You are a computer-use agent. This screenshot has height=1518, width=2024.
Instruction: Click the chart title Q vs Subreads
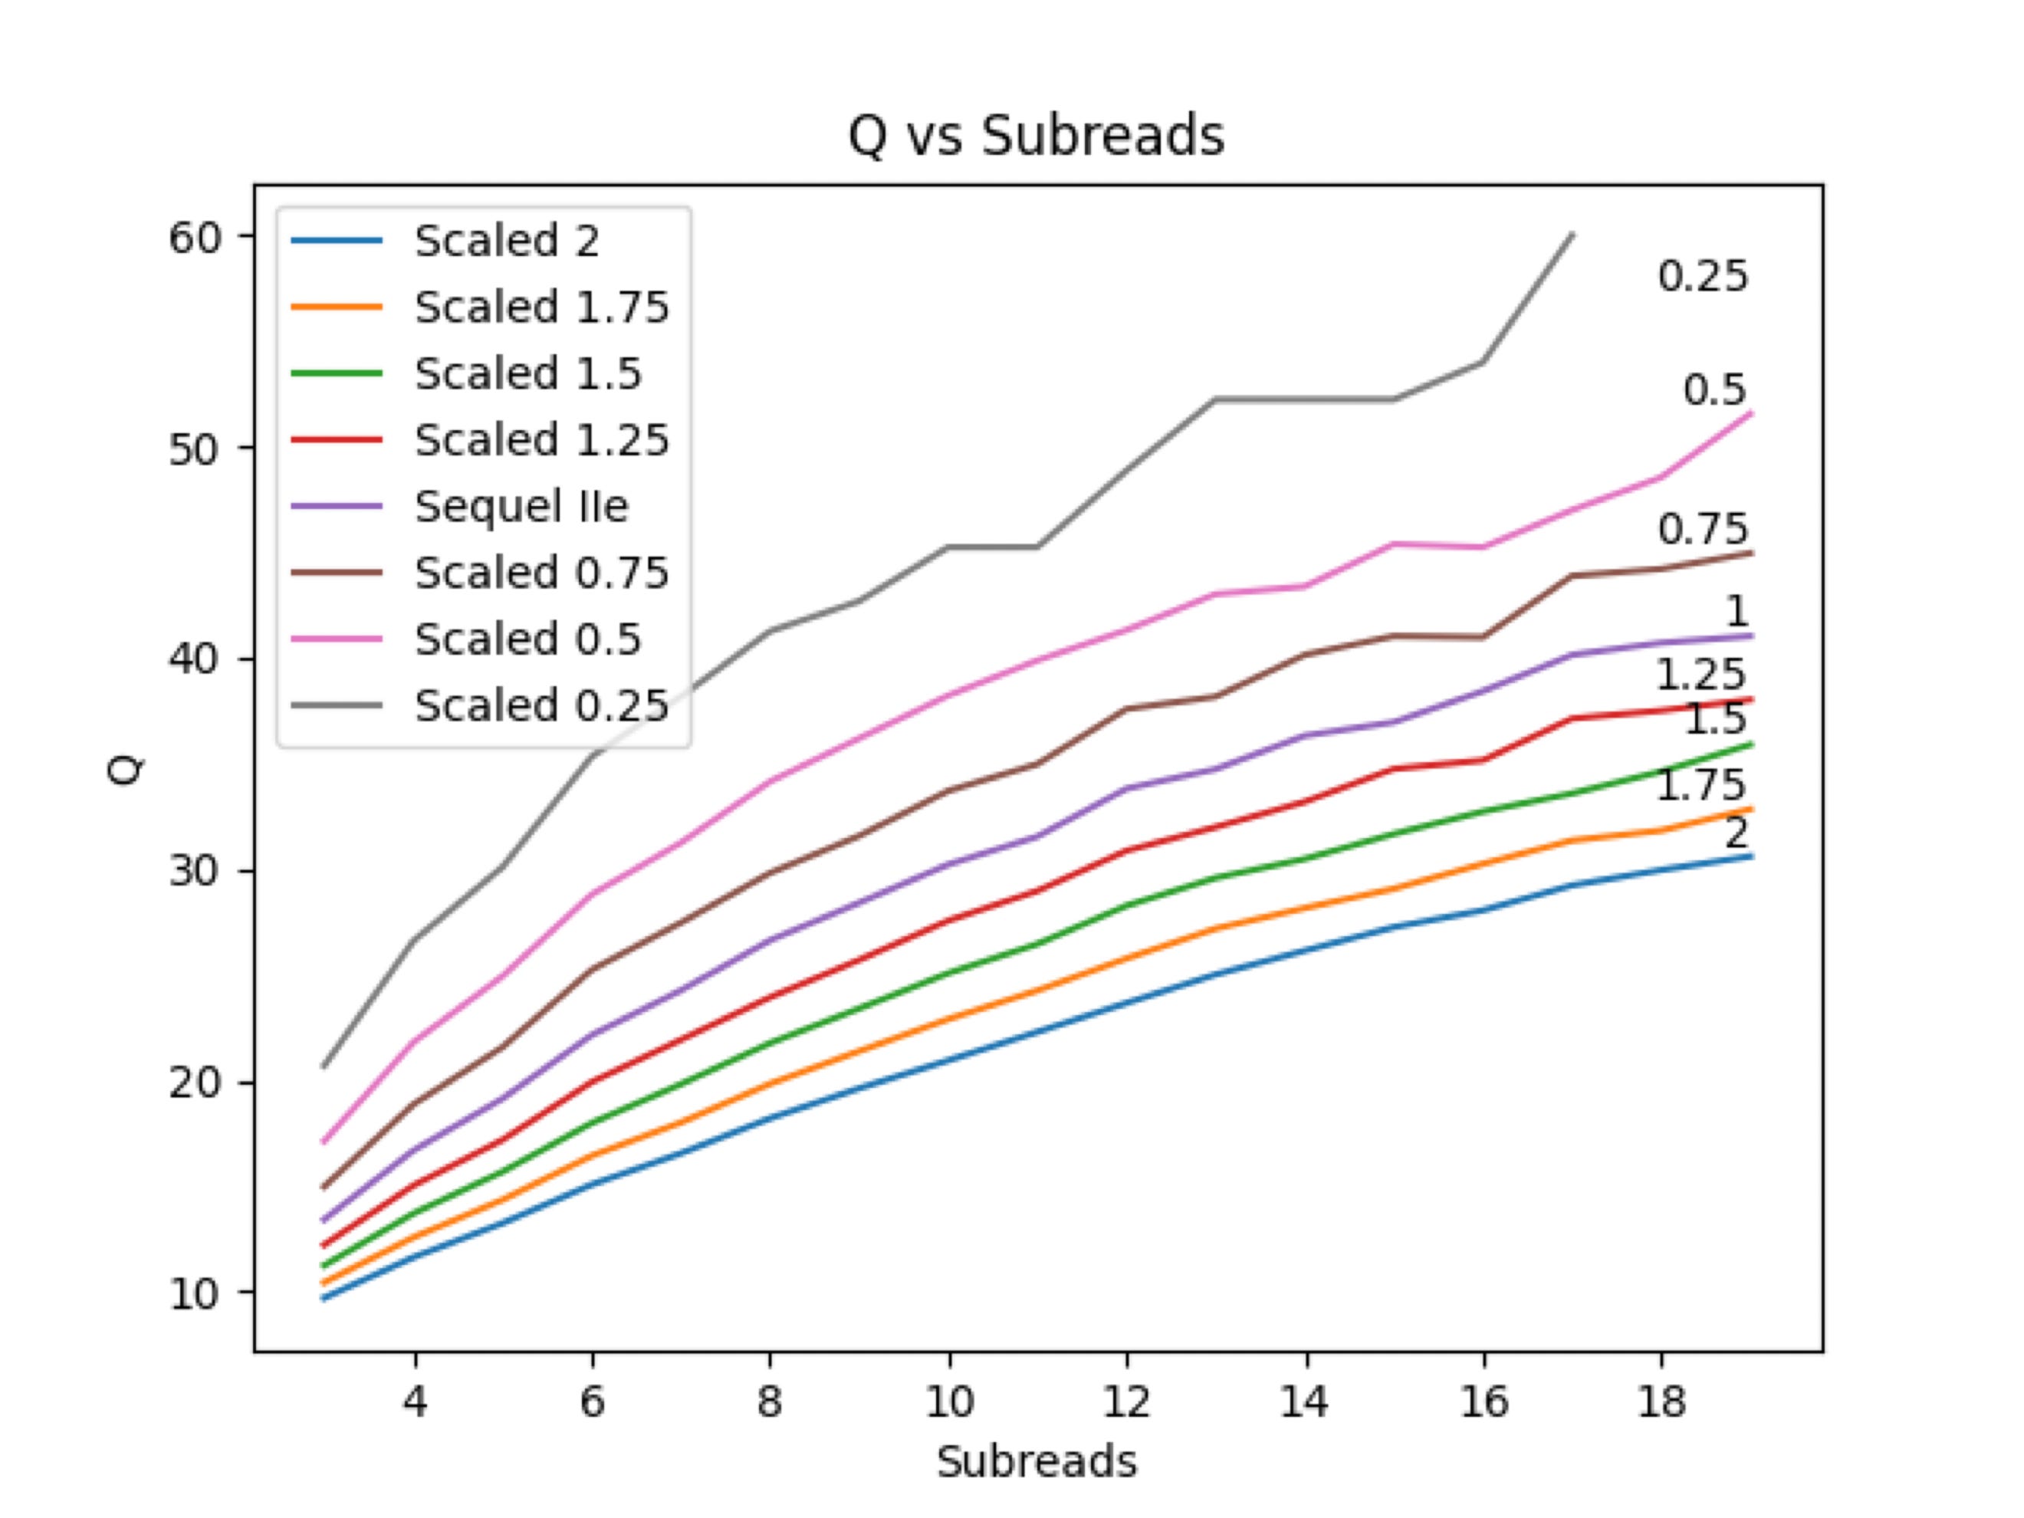point(1036,138)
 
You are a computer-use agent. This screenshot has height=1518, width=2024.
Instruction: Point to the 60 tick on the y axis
point(195,238)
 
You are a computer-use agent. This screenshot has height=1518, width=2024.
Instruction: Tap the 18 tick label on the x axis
point(1661,1401)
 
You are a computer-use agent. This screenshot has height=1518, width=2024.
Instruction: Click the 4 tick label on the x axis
point(416,1401)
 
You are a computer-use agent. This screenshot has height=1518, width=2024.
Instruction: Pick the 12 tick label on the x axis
point(1125,1401)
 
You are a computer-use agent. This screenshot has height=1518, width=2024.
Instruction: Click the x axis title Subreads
point(1036,1461)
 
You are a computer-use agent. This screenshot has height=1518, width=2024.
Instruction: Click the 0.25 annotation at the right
point(1702,276)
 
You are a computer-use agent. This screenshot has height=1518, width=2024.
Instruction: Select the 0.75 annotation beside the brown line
point(1702,529)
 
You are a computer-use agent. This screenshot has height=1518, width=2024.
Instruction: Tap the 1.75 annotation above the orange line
point(1700,785)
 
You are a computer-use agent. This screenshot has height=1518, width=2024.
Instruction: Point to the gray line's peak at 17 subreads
point(1572,235)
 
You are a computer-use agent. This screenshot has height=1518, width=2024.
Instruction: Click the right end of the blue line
point(1750,856)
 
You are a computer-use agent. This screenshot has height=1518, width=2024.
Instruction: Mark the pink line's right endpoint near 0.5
point(1750,412)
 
